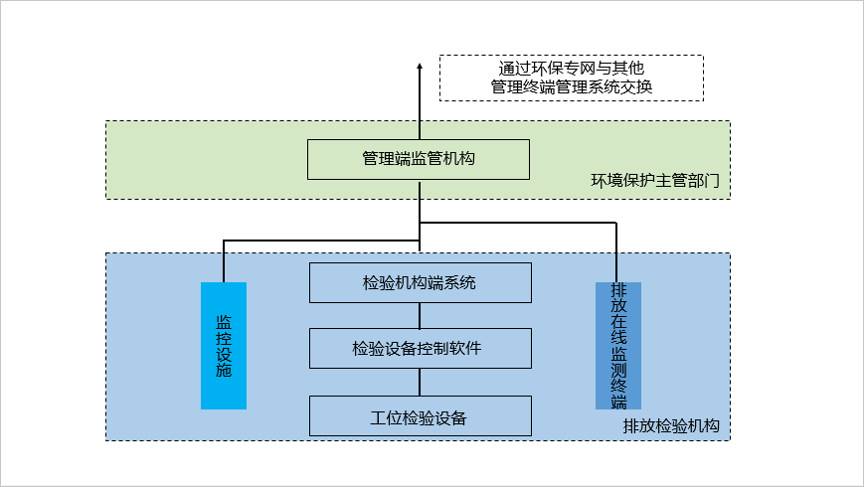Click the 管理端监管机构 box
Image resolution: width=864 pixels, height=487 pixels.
(418, 159)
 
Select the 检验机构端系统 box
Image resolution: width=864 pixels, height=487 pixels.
(420, 283)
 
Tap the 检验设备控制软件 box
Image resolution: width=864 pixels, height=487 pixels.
(420, 349)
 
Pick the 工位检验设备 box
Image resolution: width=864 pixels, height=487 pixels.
(420, 416)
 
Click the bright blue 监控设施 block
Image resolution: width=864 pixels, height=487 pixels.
(223, 346)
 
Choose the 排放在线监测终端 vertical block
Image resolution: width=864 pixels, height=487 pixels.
(618, 346)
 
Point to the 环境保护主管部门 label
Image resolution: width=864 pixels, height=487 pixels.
(655, 182)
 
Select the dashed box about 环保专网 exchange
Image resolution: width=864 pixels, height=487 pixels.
(571, 78)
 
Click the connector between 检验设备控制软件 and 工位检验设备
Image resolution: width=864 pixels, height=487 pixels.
(420, 383)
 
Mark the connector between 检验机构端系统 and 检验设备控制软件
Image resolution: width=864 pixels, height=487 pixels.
(420, 316)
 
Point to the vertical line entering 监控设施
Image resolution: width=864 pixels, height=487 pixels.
(224, 262)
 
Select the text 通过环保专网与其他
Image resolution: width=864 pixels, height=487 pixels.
(571, 68)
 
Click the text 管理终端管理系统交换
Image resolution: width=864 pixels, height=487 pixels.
(571, 87)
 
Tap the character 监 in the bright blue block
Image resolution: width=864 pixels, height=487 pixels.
(224, 322)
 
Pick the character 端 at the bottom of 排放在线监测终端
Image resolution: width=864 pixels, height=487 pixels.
(618, 402)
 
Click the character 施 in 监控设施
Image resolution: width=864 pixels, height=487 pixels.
(224, 371)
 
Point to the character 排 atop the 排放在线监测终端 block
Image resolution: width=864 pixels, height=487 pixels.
(618, 290)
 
